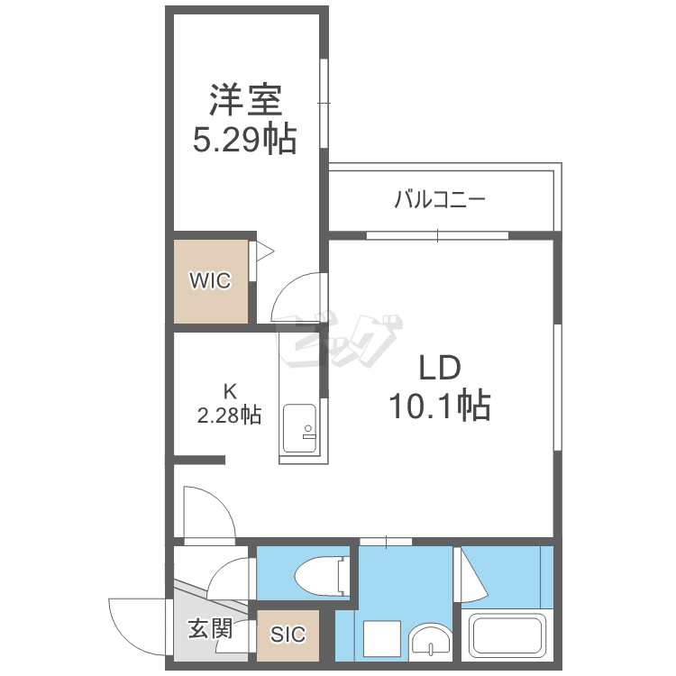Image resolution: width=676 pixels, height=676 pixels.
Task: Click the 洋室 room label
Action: click(246, 100)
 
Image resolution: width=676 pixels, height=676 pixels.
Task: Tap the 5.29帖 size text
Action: click(244, 139)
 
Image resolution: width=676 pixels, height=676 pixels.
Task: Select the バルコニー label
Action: click(440, 199)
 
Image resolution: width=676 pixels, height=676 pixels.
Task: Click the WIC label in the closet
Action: click(210, 280)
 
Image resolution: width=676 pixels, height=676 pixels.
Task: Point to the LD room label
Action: click(440, 368)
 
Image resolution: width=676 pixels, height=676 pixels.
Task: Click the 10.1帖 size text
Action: click(440, 406)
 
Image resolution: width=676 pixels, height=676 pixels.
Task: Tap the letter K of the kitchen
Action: click(230, 391)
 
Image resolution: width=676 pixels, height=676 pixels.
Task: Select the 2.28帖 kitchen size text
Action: click(229, 416)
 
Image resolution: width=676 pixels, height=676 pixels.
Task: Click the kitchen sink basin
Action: click(299, 428)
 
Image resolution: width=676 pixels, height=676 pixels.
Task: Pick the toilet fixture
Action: click(322, 574)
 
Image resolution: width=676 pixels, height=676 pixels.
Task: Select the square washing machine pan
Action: click(382, 639)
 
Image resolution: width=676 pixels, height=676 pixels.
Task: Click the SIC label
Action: click(288, 634)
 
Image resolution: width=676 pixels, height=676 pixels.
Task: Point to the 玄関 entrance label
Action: click(210, 628)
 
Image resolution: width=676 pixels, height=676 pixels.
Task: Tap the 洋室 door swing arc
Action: click(281, 288)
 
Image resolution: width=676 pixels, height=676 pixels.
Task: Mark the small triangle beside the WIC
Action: click(264, 251)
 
